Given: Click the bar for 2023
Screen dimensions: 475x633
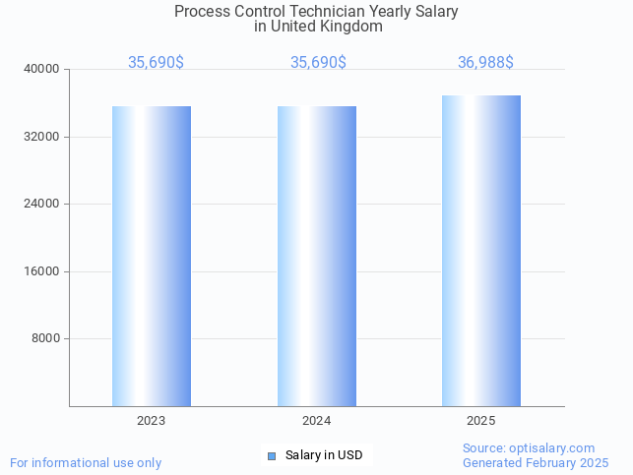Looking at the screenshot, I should click(x=151, y=256).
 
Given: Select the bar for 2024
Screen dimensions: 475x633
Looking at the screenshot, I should click(x=316, y=256).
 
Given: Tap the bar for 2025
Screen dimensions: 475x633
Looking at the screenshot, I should click(x=481, y=251).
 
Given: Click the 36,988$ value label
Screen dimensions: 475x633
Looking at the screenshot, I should click(x=485, y=63).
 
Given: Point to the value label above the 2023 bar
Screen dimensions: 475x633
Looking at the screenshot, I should click(x=156, y=63).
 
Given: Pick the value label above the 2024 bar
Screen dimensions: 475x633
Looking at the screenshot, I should click(x=318, y=63).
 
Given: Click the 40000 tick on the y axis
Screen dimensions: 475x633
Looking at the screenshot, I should click(x=42, y=69).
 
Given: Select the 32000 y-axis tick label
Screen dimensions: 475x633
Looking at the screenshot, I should click(x=42, y=137).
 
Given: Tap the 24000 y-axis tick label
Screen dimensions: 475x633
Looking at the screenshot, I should click(x=42, y=204).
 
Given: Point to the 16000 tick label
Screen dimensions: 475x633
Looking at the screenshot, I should click(x=42, y=271).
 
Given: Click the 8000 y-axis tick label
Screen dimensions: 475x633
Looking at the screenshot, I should click(x=45, y=338).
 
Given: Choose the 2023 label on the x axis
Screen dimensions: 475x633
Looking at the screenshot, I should click(x=151, y=421).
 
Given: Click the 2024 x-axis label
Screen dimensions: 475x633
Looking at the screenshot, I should click(x=316, y=421).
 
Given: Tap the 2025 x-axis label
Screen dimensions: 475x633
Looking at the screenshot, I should click(x=481, y=421).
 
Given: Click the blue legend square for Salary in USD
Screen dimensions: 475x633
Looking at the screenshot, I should click(x=273, y=455).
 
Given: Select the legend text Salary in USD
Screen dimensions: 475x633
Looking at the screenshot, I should click(x=324, y=455).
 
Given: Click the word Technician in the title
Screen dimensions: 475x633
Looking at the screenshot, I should click(x=314, y=12).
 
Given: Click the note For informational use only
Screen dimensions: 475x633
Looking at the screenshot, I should click(x=86, y=462).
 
